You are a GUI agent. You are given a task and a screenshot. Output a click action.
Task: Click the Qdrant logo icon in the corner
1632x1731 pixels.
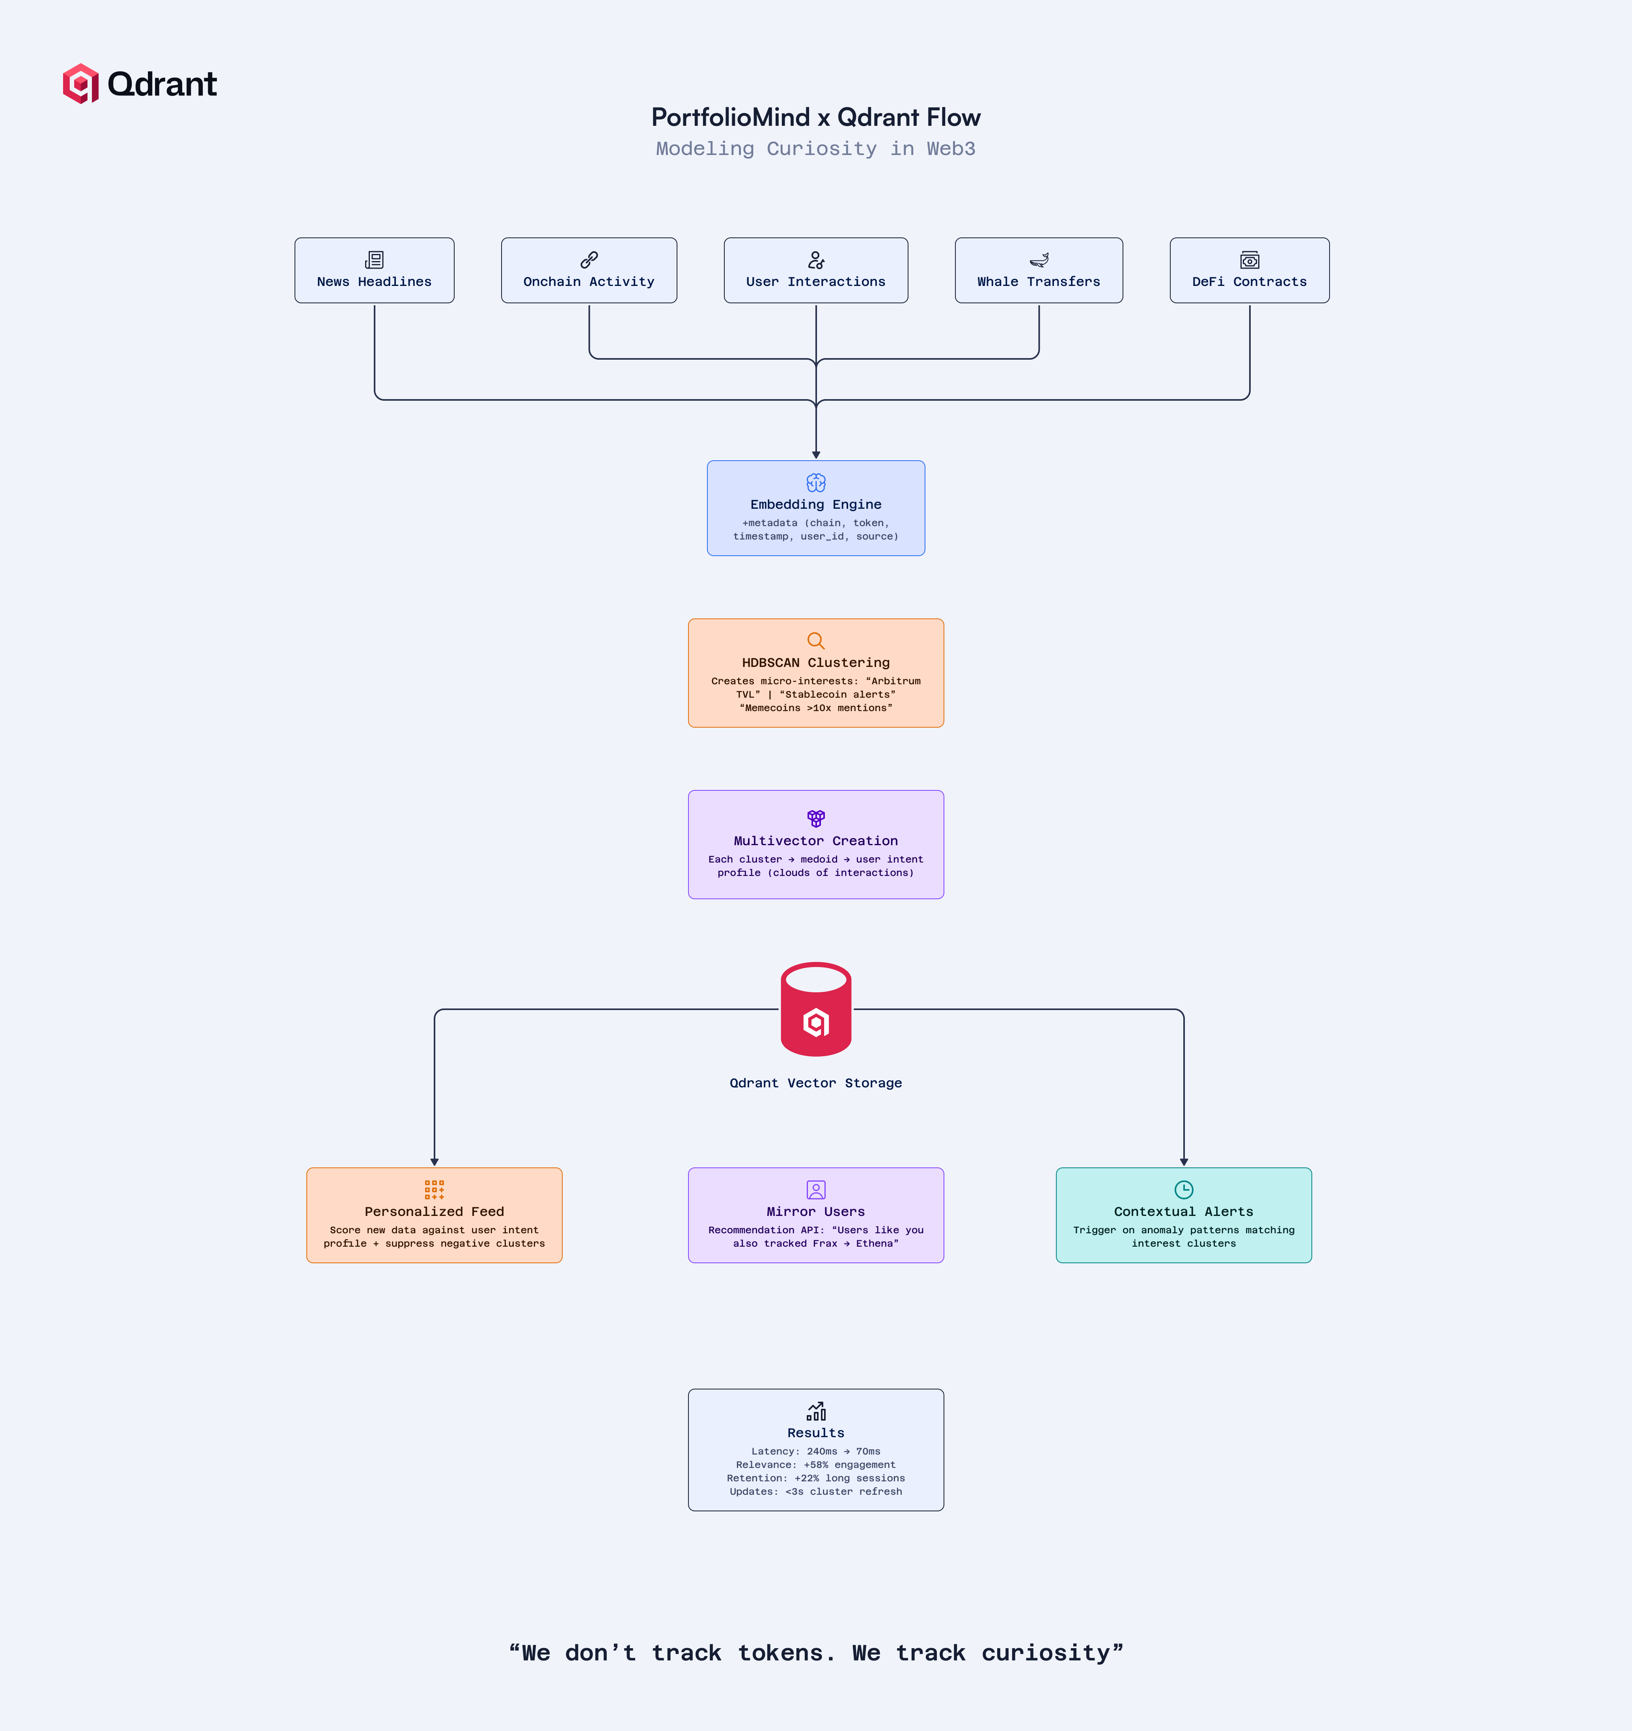80,84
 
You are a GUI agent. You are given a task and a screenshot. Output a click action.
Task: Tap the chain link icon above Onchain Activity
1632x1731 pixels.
589,260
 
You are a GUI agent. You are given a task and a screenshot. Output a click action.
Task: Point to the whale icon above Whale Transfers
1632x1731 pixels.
1039,260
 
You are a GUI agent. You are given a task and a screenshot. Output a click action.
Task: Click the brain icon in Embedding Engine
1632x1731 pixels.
815,482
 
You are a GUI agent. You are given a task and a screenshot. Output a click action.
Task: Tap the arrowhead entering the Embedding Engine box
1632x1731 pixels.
815,454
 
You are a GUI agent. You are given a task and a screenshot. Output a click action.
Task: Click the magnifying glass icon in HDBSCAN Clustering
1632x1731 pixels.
815,641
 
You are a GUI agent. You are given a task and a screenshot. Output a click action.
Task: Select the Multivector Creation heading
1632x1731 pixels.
815,840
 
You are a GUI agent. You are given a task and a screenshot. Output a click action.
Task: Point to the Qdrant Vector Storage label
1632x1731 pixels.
815,1082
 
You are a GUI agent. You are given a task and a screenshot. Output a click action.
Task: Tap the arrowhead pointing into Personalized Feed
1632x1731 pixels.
435,1161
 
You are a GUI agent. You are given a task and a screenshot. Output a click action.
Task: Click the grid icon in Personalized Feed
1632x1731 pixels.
435,1189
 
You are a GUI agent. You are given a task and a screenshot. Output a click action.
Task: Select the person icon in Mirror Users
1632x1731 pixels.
815,1189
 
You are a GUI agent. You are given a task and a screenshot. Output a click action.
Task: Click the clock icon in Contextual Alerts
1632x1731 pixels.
1184,1189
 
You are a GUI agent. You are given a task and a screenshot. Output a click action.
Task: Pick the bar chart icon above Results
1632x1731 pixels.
815,1411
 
